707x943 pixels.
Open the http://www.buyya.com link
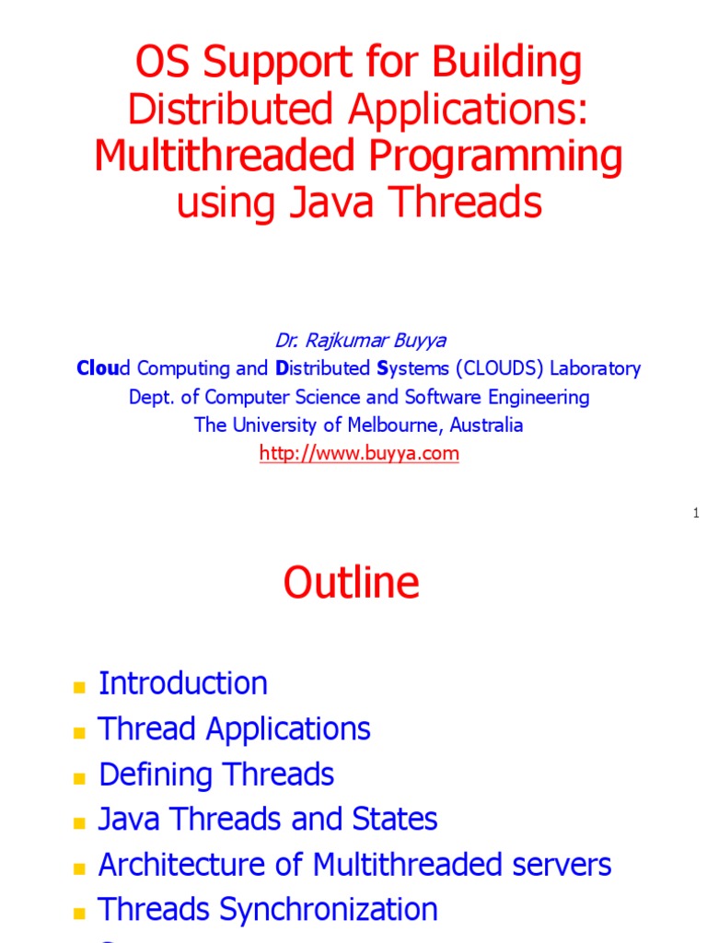[359, 453]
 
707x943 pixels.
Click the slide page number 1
[697, 512]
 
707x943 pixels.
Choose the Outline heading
[352, 583]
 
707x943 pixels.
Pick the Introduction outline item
[183, 683]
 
